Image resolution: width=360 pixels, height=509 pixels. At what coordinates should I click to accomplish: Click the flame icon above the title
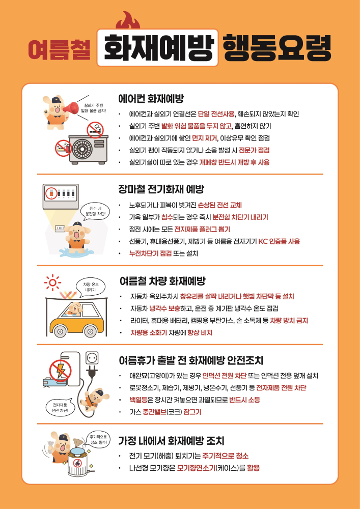point(128,22)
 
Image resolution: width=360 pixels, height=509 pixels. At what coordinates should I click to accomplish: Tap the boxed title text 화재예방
point(157,50)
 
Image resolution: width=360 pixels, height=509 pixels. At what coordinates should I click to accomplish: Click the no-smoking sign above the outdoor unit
point(95,130)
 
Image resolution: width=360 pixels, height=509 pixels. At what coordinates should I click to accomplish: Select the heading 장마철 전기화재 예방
point(161,189)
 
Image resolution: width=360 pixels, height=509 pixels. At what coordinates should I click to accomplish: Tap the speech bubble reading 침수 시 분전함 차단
point(95,211)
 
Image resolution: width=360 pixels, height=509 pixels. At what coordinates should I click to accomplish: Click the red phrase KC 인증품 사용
point(279,241)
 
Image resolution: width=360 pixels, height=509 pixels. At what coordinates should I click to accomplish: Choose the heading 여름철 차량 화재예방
point(162,280)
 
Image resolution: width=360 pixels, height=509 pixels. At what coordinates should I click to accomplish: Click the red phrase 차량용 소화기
point(149,332)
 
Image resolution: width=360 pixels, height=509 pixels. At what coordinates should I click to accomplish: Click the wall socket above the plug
point(92,357)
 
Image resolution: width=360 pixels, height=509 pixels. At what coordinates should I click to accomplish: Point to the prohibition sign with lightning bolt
point(61,370)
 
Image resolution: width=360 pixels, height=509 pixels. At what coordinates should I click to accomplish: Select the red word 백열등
point(139,400)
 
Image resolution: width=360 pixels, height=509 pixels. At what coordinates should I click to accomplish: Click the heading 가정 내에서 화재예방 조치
point(171,440)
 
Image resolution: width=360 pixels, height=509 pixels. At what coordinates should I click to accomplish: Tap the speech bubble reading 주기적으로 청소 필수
point(99,440)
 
